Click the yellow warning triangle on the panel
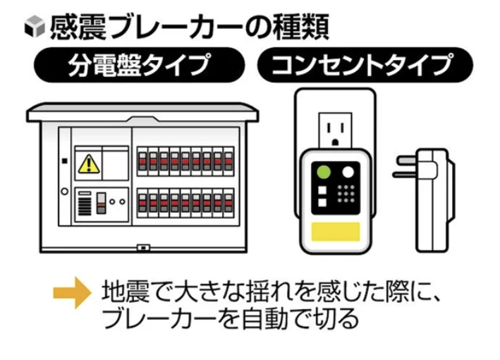point(88,164)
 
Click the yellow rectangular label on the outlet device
point(336,232)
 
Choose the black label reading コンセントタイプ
point(361,66)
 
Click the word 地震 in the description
point(123,292)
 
